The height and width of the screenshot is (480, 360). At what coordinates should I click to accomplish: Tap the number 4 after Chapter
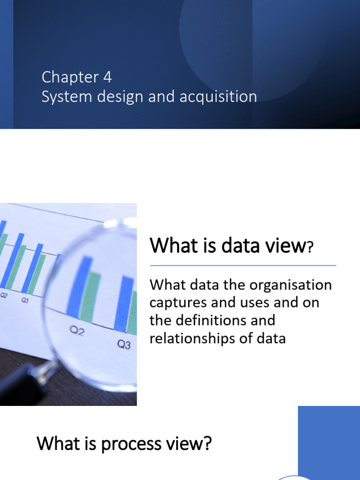click(107, 77)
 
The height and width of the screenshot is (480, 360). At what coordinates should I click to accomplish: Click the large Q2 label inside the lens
click(77, 331)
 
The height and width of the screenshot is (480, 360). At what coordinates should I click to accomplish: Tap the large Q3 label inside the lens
click(124, 345)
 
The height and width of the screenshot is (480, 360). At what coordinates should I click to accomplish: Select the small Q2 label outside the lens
click(4, 296)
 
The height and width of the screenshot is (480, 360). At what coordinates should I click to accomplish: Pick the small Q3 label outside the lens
click(25, 300)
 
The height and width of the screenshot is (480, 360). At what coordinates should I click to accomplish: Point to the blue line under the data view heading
click(243, 266)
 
